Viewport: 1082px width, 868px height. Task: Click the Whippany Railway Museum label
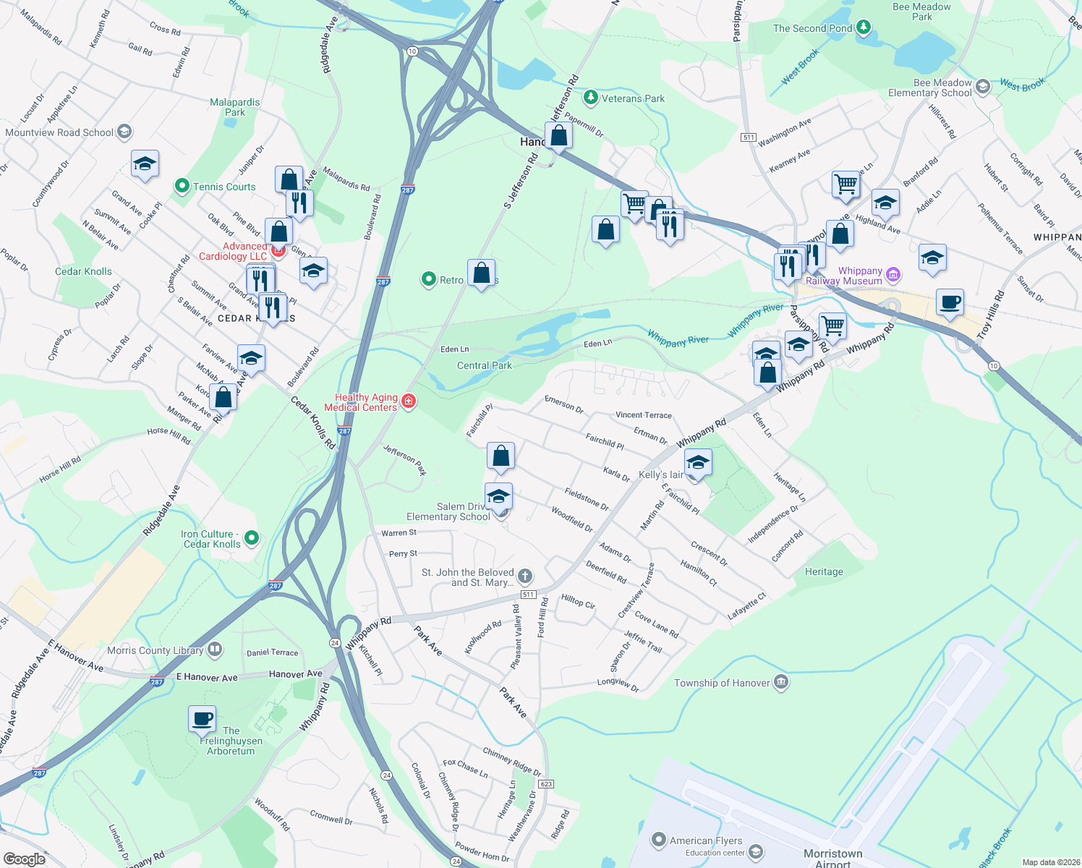coord(844,276)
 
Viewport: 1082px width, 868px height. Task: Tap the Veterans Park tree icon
coord(590,98)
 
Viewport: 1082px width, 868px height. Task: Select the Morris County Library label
coord(156,650)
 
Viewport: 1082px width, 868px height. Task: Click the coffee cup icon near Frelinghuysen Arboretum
coord(203,719)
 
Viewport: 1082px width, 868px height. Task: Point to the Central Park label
coord(485,365)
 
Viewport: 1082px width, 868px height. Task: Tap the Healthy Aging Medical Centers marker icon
coord(409,401)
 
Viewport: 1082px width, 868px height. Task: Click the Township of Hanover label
coord(722,683)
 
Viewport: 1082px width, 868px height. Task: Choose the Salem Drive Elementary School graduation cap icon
coord(498,496)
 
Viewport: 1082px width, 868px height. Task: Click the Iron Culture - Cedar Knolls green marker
coord(252,537)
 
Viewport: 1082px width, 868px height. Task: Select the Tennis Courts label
coord(224,187)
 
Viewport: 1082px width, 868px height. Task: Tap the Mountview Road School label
coord(59,132)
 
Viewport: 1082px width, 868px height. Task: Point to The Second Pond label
coord(812,28)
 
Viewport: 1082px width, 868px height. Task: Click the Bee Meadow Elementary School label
coord(930,88)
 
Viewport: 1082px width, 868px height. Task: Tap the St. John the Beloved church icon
coord(525,576)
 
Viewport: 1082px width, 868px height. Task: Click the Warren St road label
coord(399,533)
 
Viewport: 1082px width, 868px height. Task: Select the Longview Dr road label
coord(618,684)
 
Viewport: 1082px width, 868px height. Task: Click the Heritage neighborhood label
coord(824,571)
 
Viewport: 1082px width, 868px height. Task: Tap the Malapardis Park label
coord(234,107)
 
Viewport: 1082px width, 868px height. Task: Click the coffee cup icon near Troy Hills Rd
coord(950,302)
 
